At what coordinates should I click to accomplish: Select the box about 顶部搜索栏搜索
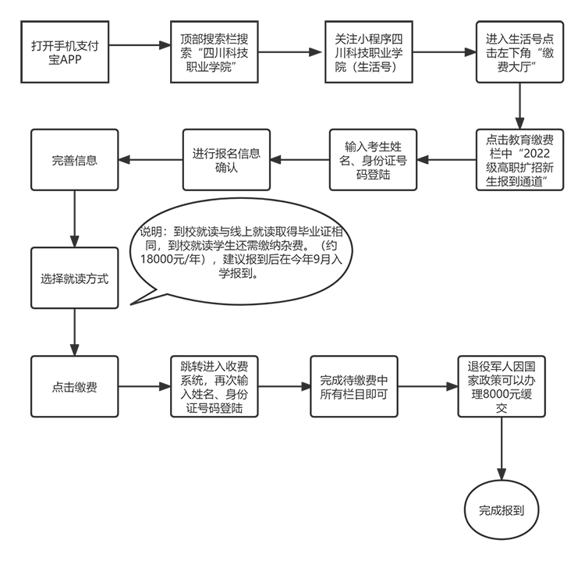pos(208,51)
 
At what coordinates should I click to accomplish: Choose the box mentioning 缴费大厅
pos(515,51)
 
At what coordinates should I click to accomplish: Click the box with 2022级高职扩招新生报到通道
pos(515,160)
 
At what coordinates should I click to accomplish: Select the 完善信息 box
pos(74,161)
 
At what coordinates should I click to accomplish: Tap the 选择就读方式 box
pos(74,278)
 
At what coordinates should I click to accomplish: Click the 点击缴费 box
pos(74,386)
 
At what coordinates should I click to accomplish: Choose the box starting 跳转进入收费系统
pos(214,386)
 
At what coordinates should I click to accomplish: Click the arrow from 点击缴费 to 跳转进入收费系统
pos(144,386)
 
